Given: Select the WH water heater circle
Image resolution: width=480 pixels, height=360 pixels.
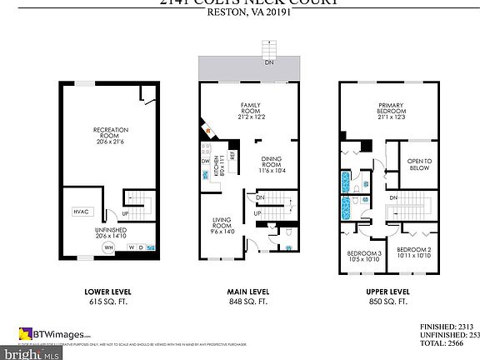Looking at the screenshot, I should (x=108, y=247).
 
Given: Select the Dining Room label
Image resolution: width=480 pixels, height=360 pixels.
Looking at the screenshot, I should (x=273, y=164).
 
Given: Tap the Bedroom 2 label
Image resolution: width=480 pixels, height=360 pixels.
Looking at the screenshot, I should (x=413, y=252).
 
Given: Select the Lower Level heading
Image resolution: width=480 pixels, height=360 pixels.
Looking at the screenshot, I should (x=107, y=292).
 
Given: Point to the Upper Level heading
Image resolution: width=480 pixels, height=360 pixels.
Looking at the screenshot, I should (x=387, y=292).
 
